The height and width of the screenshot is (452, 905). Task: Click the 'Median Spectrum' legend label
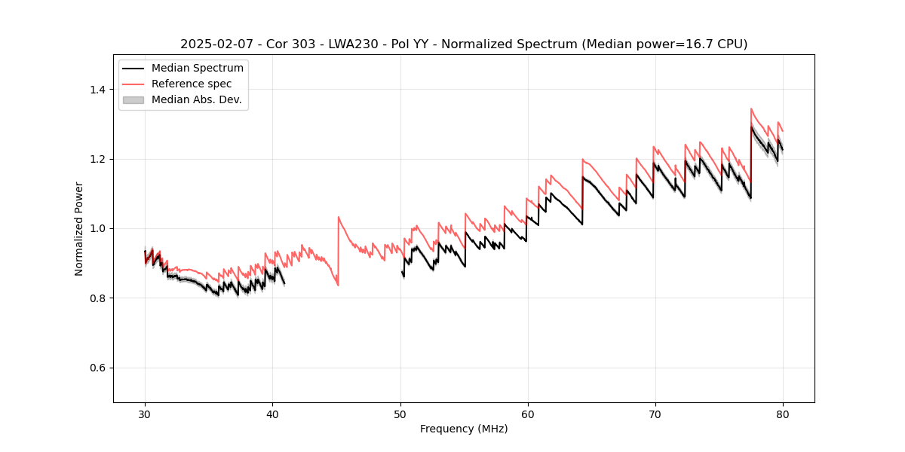click(x=198, y=69)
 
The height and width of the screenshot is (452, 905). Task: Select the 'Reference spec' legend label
click(x=192, y=84)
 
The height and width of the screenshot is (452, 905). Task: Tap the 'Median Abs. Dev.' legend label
click(x=197, y=99)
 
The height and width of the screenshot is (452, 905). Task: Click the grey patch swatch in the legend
click(x=133, y=99)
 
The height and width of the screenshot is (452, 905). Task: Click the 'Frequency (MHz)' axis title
click(x=464, y=429)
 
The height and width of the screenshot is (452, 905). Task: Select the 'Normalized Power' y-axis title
click(x=79, y=228)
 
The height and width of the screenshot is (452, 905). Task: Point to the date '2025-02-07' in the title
click(x=213, y=44)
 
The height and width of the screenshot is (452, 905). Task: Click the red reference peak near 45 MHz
click(x=339, y=217)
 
